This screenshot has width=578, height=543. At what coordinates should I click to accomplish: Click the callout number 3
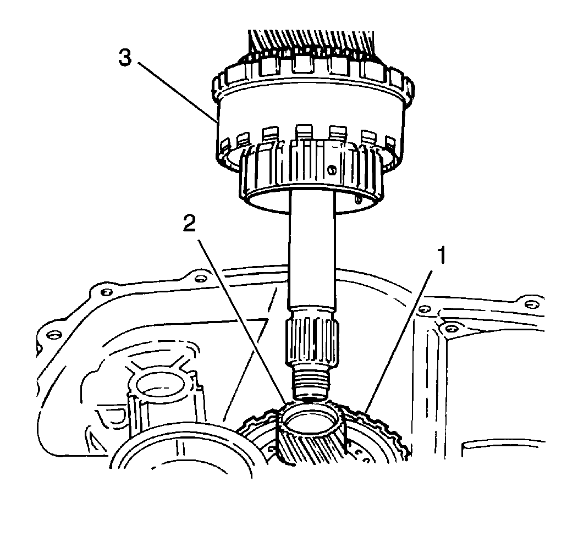(125, 58)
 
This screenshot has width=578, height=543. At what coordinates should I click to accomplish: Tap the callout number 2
(189, 224)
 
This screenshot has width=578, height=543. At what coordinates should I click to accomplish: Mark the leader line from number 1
(398, 341)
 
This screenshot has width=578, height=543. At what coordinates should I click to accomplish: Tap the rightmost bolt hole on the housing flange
(530, 304)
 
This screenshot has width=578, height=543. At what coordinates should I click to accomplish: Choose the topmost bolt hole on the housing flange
(200, 278)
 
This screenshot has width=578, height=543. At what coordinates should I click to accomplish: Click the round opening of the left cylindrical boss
(161, 384)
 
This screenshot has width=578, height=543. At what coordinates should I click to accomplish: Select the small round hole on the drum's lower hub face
(333, 169)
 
